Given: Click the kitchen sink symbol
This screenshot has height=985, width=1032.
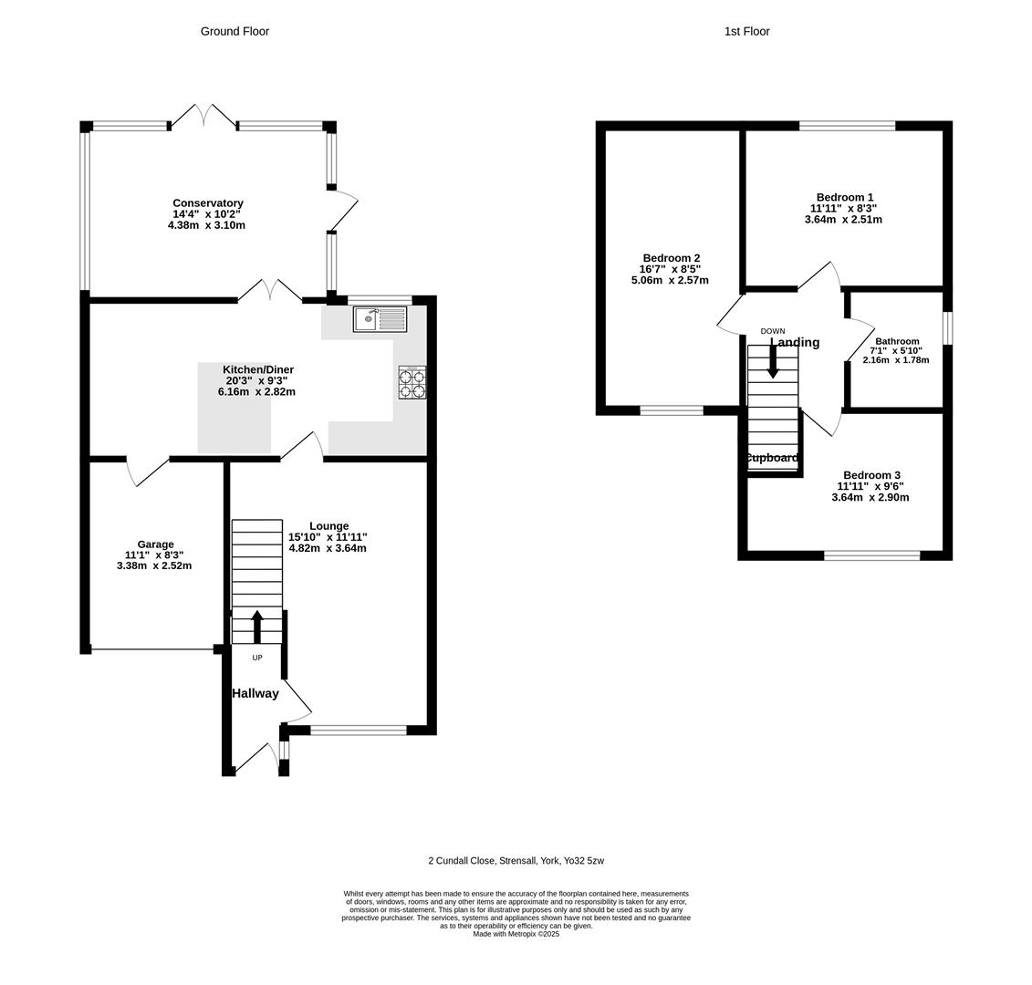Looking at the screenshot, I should [x=380, y=319].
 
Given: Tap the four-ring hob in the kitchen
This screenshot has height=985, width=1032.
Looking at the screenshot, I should [x=412, y=383].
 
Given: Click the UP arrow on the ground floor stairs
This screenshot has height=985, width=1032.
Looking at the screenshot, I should [x=257, y=627].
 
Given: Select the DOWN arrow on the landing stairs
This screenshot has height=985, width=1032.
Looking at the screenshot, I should [x=773, y=361].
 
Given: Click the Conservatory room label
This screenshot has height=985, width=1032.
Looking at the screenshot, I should [x=208, y=203].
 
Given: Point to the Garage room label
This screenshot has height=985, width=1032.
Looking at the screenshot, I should [x=155, y=544].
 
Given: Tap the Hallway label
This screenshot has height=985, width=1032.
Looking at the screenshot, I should [x=255, y=693].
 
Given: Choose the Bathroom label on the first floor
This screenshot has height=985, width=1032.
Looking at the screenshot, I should [x=897, y=341].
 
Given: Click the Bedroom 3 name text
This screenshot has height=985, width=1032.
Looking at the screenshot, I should [x=871, y=475].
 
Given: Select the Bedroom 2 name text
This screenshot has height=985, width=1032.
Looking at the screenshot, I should [x=671, y=258].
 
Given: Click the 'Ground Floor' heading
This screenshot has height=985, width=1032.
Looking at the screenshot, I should [x=235, y=31].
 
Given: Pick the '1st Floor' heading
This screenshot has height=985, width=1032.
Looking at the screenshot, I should [x=746, y=31].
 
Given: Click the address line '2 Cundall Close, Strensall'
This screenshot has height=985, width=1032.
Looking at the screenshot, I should [x=516, y=860].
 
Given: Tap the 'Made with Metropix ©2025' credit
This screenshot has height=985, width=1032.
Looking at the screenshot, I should [x=516, y=934].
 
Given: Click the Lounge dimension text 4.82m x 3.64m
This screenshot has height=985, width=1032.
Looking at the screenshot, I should [x=328, y=548].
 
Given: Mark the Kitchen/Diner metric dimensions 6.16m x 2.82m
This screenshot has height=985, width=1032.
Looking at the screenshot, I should [x=256, y=391].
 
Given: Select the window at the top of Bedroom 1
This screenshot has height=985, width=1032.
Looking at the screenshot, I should [x=847, y=126].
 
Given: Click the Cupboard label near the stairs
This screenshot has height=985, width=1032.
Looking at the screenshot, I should [x=772, y=458].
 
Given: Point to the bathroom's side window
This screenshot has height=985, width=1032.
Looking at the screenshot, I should [x=947, y=328].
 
